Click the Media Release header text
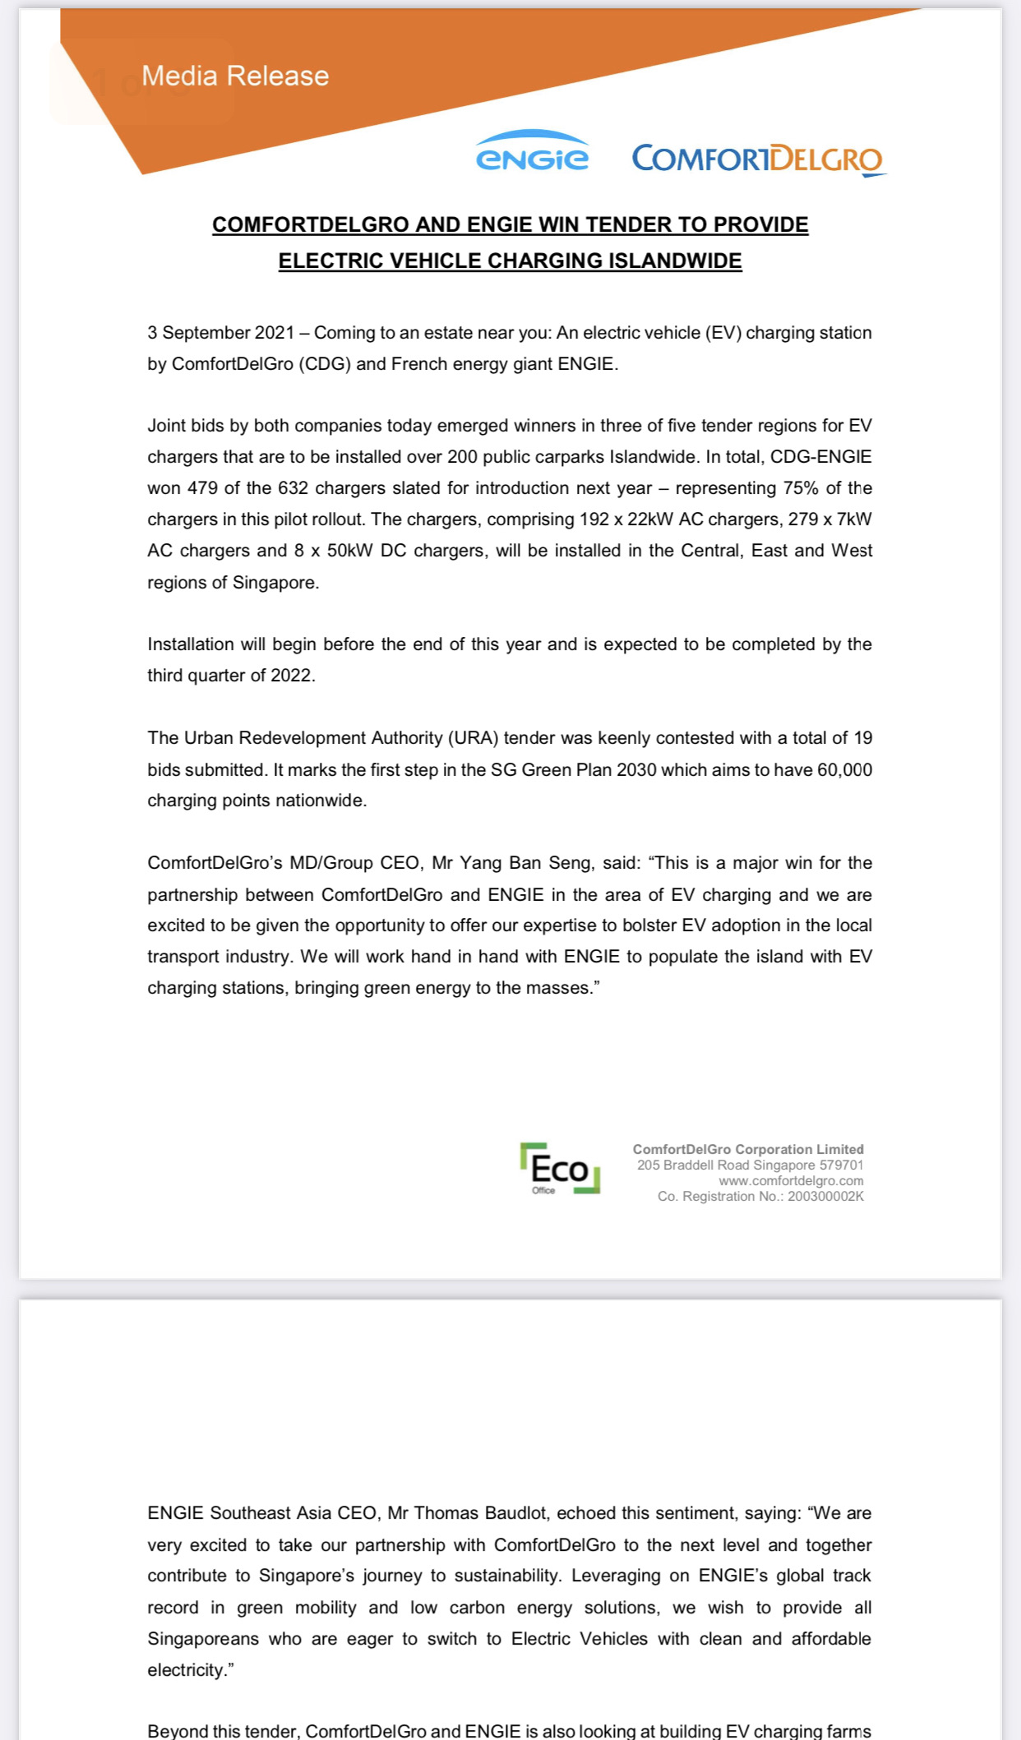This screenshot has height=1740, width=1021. click(235, 76)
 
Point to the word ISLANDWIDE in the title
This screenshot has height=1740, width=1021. click(675, 261)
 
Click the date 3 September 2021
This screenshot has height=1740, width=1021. click(220, 333)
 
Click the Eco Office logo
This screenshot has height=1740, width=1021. click(560, 1168)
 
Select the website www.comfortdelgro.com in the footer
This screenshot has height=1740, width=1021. click(791, 1181)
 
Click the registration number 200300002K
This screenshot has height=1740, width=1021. click(825, 1197)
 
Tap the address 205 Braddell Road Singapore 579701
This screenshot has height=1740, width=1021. click(750, 1165)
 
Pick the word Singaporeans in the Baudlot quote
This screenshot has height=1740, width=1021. click(201, 1639)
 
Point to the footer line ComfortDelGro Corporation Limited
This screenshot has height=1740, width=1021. click(748, 1150)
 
